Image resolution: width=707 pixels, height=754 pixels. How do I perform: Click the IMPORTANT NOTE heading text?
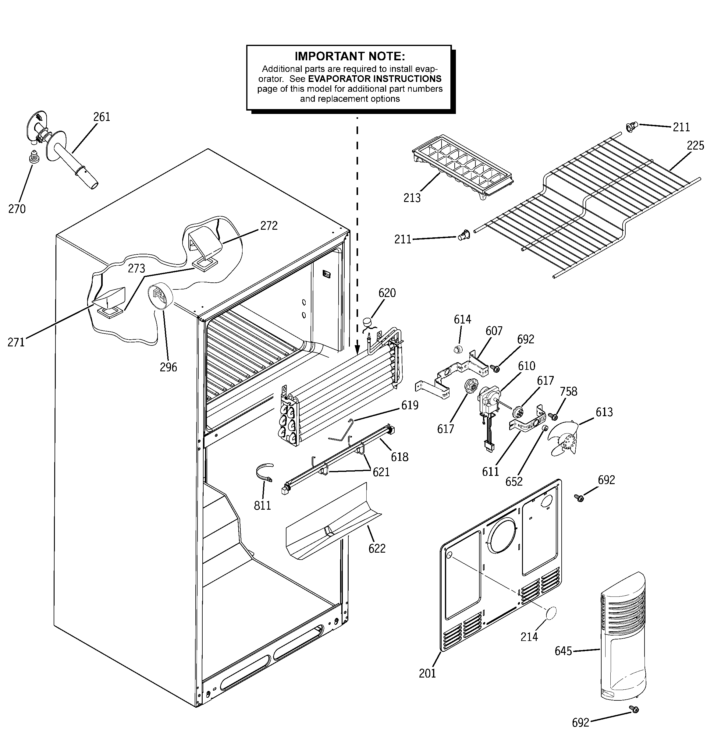coord(350,57)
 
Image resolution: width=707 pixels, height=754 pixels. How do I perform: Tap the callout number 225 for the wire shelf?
coord(695,146)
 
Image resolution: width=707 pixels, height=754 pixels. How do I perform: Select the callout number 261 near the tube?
coord(102,117)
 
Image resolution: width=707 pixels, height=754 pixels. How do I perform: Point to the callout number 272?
coord(269,226)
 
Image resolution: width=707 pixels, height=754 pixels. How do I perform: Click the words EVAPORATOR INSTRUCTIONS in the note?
coord(375,79)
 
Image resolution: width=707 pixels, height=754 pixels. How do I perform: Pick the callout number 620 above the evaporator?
coord(387,293)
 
